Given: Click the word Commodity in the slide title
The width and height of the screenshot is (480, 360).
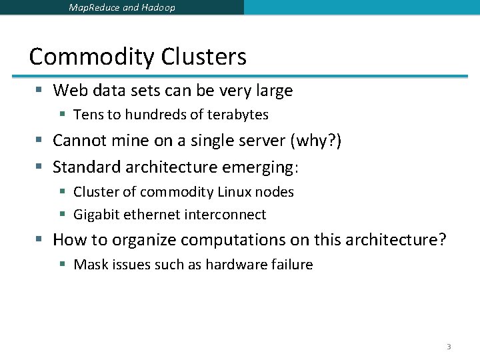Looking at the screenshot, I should (x=87, y=57).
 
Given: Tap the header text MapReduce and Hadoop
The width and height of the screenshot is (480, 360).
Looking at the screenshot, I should (x=122, y=8).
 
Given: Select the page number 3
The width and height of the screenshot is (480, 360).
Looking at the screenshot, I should (x=449, y=347).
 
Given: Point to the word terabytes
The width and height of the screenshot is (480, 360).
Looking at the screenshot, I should (x=237, y=115).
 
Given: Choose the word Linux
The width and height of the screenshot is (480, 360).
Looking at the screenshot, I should (x=233, y=192).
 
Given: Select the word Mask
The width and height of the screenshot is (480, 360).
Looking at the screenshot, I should (x=90, y=265).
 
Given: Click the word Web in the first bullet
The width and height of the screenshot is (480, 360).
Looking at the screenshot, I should (x=67, y=90).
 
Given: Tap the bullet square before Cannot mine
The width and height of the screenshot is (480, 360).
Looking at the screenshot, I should (x=40, y=141).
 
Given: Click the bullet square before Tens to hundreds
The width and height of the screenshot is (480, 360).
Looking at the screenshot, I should (x=62, y=115).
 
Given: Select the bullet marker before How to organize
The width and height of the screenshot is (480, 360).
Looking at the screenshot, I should (x=40, y=240).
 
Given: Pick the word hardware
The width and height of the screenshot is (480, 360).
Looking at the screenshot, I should (x=233, y=265).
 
